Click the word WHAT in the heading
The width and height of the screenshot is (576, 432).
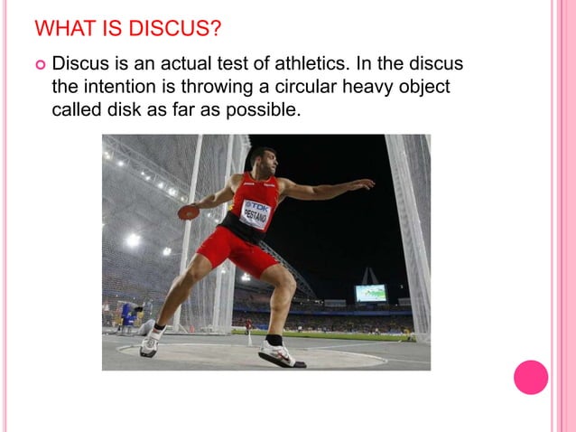62,29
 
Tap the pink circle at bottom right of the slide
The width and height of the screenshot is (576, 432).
531,377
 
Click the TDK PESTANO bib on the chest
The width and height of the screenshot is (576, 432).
256,213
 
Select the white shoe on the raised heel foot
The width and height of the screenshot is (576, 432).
150,343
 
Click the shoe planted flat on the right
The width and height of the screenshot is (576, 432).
281,353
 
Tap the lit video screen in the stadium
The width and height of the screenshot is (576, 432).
371,293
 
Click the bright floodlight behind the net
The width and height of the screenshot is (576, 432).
133,239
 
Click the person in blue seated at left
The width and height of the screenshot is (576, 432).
126,314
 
